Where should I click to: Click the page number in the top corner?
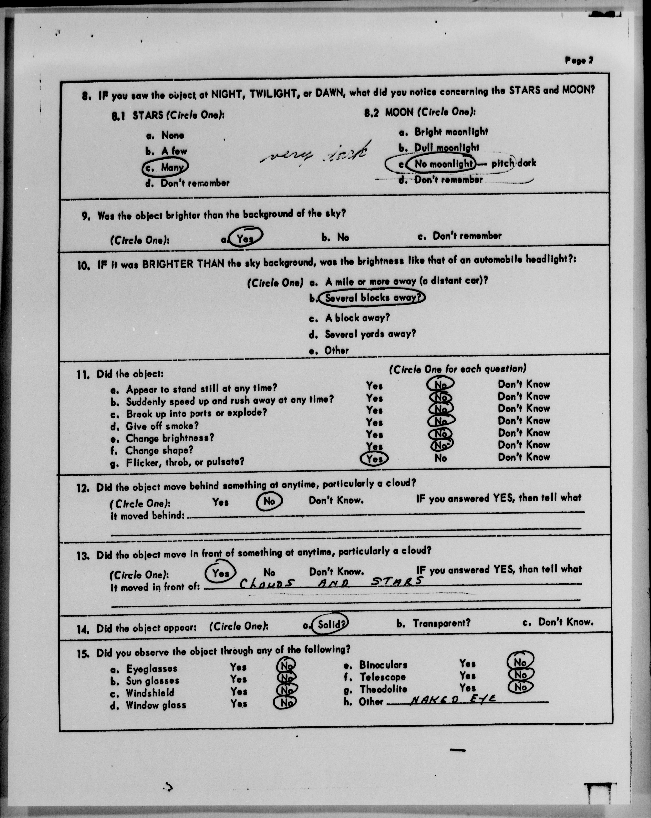coord(579,60)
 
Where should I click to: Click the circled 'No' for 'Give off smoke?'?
coord(440,421)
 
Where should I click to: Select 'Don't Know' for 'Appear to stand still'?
coord(524,384)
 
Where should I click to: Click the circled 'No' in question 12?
coord(269,501)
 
